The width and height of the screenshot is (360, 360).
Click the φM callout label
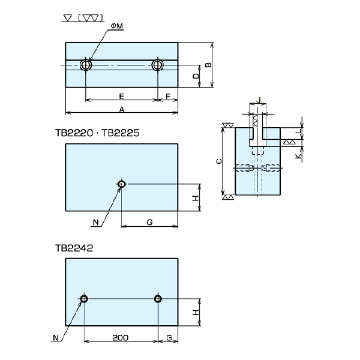pyautogui.click(x=117, y=26)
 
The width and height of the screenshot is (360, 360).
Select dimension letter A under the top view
pyautogui.click(x=122, y=109)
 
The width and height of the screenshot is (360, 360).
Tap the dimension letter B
pyautogui.click(x=208, y=65)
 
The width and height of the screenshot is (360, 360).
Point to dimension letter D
pyautogui.click(x=196, y=76)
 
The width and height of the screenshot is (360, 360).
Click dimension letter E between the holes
pyautogui.click(x=121, y=96)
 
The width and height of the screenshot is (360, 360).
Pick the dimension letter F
pyautogui.click(x=168, y=96)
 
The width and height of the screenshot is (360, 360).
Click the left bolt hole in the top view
pyautogui.click(x=86, y=65)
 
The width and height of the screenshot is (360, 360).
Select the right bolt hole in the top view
pyautogui.click(x=158, y=65)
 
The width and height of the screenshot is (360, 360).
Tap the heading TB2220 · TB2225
pyautogui.click(x=97, y=133)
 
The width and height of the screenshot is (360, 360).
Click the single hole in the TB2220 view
pyautogui.click(x=121, y=184)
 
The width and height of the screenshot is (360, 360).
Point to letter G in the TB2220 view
pyautogui.click(x=149, y=222)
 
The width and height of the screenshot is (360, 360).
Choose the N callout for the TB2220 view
pyautogui.click(x=96, y=222)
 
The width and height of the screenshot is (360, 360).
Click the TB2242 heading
pyautogui.click(x=74, y=248)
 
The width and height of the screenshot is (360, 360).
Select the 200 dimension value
pyautogui.click(x=121, y=338)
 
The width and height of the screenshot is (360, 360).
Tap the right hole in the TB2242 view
pyautogui.click(x=158, y=299)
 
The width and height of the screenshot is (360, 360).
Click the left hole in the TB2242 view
pyautogui.click(x=84, y=299)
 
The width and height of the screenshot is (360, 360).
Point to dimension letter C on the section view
pyautogui.click(x=219, y=161)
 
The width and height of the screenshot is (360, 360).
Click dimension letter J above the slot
pyautogui.click(x=259, y=100)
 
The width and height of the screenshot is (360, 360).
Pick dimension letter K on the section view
pyautogui.click(x=298, y=156)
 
